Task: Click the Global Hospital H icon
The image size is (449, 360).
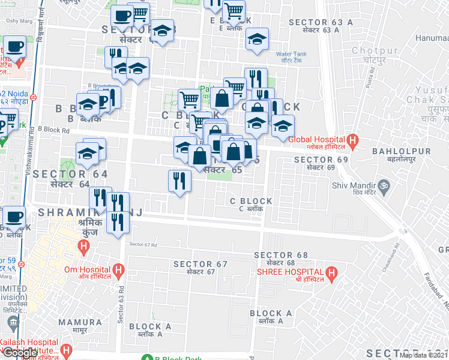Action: [354, 143]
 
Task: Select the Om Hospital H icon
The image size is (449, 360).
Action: [119, 271]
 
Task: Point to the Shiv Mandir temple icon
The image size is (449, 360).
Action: [384, 185]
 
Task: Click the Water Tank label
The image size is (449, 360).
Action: [291, 54]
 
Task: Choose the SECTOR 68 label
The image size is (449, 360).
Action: [281, 256]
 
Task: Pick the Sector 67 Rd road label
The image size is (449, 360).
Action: [143, 244]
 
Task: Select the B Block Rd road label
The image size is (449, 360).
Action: [53, 129]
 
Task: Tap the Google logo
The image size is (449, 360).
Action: [20, 353]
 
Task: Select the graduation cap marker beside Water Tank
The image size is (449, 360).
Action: [258, 40]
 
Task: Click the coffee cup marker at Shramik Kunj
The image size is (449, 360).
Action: [14, 217]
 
